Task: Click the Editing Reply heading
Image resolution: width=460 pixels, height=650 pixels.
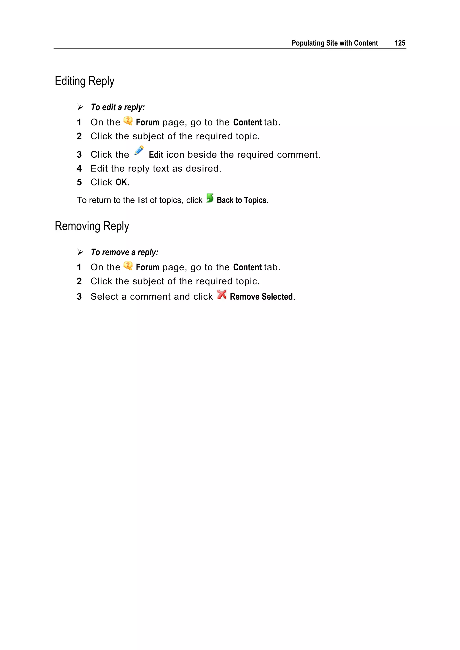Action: point(84,81)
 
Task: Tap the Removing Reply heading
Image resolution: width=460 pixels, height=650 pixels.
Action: point(92,226)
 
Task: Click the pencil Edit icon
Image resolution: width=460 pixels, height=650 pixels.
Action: point(139,151)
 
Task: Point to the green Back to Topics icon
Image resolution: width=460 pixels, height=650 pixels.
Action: point(210,198)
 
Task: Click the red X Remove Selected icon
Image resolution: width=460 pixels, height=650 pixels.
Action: point(221,295)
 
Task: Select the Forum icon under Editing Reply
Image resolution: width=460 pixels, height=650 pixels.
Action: point(128,121)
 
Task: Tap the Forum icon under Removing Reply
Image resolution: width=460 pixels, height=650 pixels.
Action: point(128,266)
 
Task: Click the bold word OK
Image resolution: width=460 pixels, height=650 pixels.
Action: point(122,182)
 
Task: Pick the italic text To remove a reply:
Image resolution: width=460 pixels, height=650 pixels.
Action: point(124,252)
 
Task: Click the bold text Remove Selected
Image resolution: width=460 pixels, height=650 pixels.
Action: point(261,297)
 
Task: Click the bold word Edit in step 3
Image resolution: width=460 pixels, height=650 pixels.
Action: point(156,155)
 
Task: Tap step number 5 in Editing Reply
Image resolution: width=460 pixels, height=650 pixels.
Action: point(79,182)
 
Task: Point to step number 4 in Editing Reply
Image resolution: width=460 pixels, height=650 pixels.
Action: point(79,169)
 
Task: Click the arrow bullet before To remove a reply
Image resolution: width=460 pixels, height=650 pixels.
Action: point(80,252)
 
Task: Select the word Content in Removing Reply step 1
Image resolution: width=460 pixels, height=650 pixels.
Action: point(247,267)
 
